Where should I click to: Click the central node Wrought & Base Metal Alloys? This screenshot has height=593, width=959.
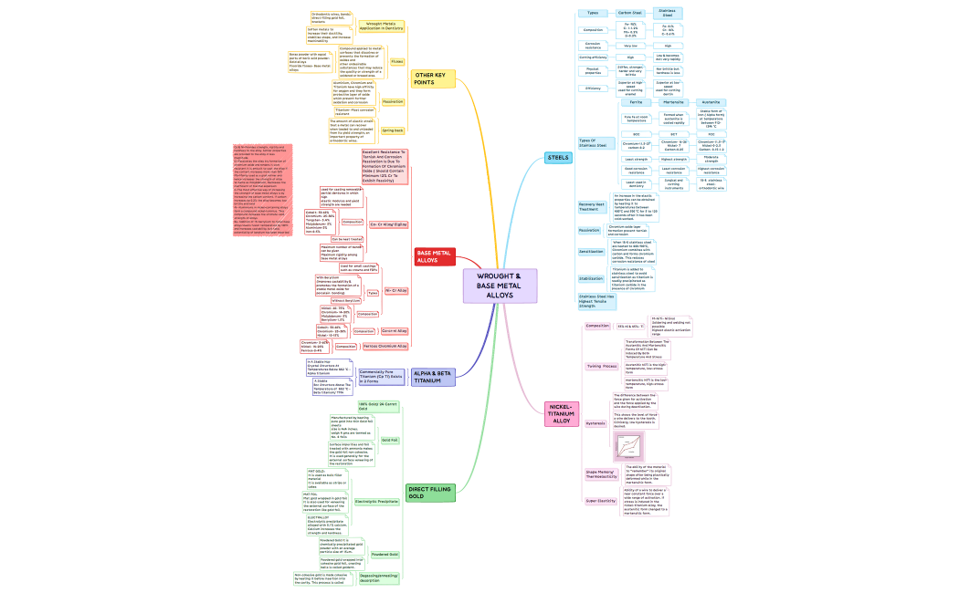tap(500, 285)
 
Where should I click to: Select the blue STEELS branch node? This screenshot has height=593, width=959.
tap(558, 158)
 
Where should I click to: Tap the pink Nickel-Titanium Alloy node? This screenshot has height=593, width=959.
tap(561, 413)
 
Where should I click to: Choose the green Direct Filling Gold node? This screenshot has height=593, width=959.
tap(429, 492)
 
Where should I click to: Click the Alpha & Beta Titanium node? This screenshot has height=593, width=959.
tap(433, 376)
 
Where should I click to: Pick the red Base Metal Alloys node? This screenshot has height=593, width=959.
tap(435, 256)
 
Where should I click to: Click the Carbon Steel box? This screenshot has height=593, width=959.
tap(630, 13)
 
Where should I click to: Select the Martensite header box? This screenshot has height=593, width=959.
tap(674, 102)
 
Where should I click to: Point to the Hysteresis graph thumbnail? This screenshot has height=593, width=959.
tap(631, 446)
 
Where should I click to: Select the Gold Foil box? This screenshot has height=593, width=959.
tap(389, 440)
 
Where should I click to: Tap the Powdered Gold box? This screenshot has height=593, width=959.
tap(385, 554)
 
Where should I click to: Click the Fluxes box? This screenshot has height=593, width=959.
tap(397, 61)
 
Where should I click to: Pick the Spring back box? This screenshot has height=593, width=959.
tap(393, 130)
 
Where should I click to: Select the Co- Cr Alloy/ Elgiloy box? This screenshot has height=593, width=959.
tap(388, 224)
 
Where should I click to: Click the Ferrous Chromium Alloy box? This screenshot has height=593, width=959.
tap(385, 347)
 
